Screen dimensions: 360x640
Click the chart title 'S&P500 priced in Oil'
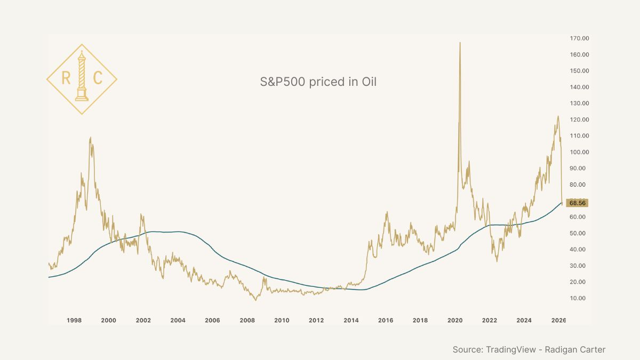318,82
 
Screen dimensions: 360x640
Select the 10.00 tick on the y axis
578,298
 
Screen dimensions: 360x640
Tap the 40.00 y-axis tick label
578,250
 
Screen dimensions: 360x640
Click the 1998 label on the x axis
74,321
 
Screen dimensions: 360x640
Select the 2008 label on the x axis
247,321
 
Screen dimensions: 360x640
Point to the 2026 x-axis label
558,321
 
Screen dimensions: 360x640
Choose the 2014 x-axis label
351,321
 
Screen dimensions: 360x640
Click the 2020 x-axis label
455,321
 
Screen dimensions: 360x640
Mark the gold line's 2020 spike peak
460,43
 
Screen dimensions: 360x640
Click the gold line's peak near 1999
90,138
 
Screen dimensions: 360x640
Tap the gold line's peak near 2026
558,116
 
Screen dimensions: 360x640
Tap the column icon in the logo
82,77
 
